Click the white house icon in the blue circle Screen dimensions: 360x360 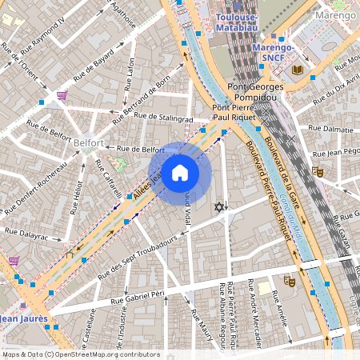pyautogui.click(x=180, y=173)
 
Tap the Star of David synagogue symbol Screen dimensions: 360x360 pyautogui.click(x=218, y=208)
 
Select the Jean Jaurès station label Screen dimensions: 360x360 pyautogui.click(x=24, y=318)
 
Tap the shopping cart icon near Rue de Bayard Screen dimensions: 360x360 pyautogui.click(x=62, y=94)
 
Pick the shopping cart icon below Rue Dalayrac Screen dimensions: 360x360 pyautogui.click(x=14, y=260)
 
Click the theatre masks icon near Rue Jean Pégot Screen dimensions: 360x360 pyautogui.click(x=317, y=170)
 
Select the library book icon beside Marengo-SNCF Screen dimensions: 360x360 pyautogui.click(x=298, y=70)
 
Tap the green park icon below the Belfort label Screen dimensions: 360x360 pyautogui.click(x=119, y=164)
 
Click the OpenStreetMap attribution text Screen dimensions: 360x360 pyautogui.click(x=81, y=354)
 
